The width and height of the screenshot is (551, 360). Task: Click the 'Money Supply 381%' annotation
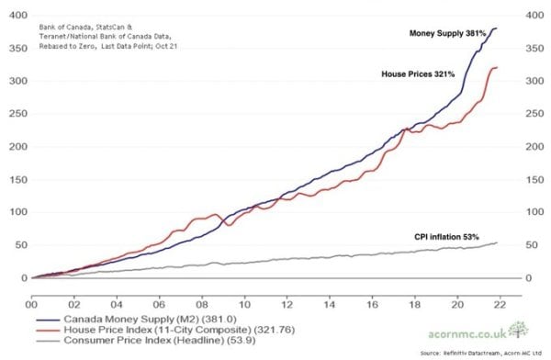click(x=447, y=33)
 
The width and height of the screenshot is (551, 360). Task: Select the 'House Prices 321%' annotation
click(x=418, y=73)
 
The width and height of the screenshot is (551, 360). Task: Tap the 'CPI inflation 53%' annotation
click(x=447, y=237)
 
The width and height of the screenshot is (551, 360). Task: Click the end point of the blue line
click(x=497, y=28)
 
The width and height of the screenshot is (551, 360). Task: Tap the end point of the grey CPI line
click(x=497, y=242)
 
